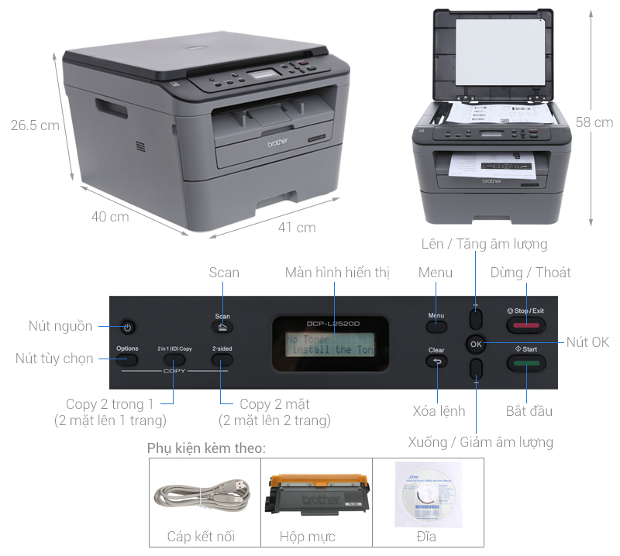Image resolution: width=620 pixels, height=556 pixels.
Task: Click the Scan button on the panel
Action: tap(222, 327)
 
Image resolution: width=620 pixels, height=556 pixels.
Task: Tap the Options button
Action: tap(127, 359)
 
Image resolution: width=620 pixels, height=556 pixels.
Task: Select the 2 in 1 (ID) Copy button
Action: tap(174, 359)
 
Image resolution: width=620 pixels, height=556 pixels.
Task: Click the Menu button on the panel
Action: tap(436, 326)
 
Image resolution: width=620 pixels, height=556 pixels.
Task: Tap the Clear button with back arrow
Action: tap(436, 361)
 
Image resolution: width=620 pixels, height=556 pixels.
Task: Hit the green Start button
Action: tap(526, 361)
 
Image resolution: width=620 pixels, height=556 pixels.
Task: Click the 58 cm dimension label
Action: tap(594, 122)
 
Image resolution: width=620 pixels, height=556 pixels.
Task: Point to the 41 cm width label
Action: tap(297, 228)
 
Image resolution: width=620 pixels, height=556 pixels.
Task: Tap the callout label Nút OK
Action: tap(587, 342)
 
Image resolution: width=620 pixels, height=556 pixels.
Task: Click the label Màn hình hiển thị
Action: tap(337, 273)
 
